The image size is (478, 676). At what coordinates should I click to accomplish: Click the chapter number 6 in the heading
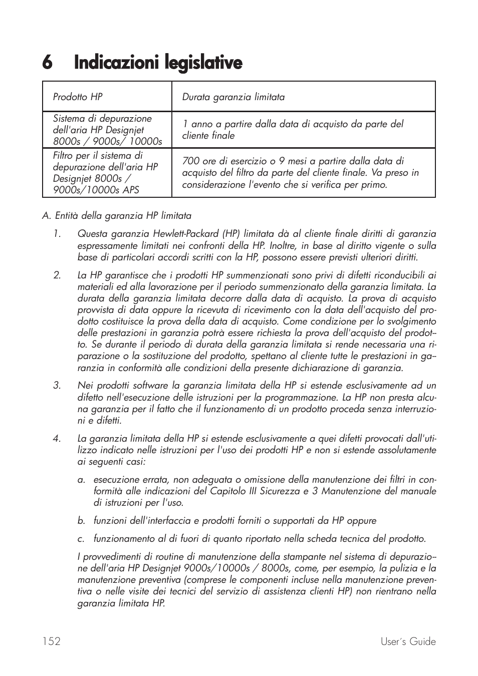pyautogui.click(x=47, y=63)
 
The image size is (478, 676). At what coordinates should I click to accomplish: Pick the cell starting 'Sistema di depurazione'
pyautogui.click(x=107, y=130)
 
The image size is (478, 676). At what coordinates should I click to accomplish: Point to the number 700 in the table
pyautogui.click(x=190, y=161)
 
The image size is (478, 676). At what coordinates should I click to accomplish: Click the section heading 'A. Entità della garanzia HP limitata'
pyautogui.click(x=117, y=216)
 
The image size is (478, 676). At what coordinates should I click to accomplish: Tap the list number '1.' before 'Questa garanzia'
pyautogui.click(x=57, y=234)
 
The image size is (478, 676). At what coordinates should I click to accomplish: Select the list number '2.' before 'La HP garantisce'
pyautogui.click(x=57, y=275)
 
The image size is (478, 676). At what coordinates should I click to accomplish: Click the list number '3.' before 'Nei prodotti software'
pyautogui.click(x=57, y=386)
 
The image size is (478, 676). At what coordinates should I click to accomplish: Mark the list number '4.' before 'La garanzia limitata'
pyautogui.click(x=57, y=439)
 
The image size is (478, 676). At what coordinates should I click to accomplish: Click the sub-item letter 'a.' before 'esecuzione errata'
pyautogui.click(x=81, y=480)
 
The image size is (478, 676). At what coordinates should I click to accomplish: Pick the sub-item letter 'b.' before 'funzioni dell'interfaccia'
pyautogui.click(x=81, y=521)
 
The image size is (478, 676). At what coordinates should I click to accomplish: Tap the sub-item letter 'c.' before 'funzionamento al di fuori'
pyautogui.click(x=81, y=539)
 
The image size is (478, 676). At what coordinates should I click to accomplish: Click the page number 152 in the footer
pyautogui.click(x=51, y=641)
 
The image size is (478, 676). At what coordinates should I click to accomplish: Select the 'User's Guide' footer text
pyautogui.click(x=407, y=641)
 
